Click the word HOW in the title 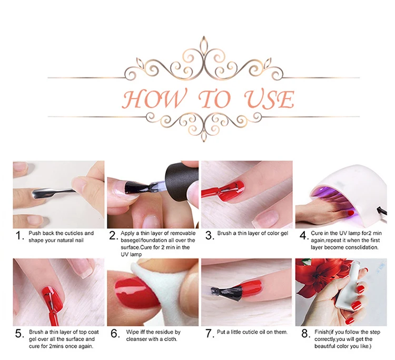[x=154, y=98]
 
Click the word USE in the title [x=269, y=99]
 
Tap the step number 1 [x=19, y=236]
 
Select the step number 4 [x=304, y=236]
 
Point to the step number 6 [x=115, y=334]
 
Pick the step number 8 [x=305, y=334]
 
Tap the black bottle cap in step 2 [x=180, y=181]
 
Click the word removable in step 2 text [x=183, y=233]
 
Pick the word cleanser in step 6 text [x=136, y=339]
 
